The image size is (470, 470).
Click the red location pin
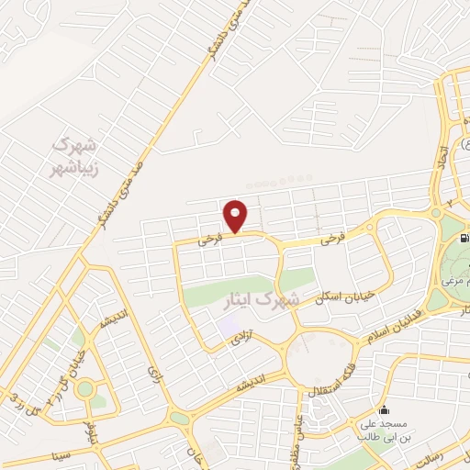[x=236, y=216]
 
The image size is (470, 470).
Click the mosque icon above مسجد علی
[x=382, y=409]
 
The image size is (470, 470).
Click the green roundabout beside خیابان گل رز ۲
[x=85, y=388]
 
